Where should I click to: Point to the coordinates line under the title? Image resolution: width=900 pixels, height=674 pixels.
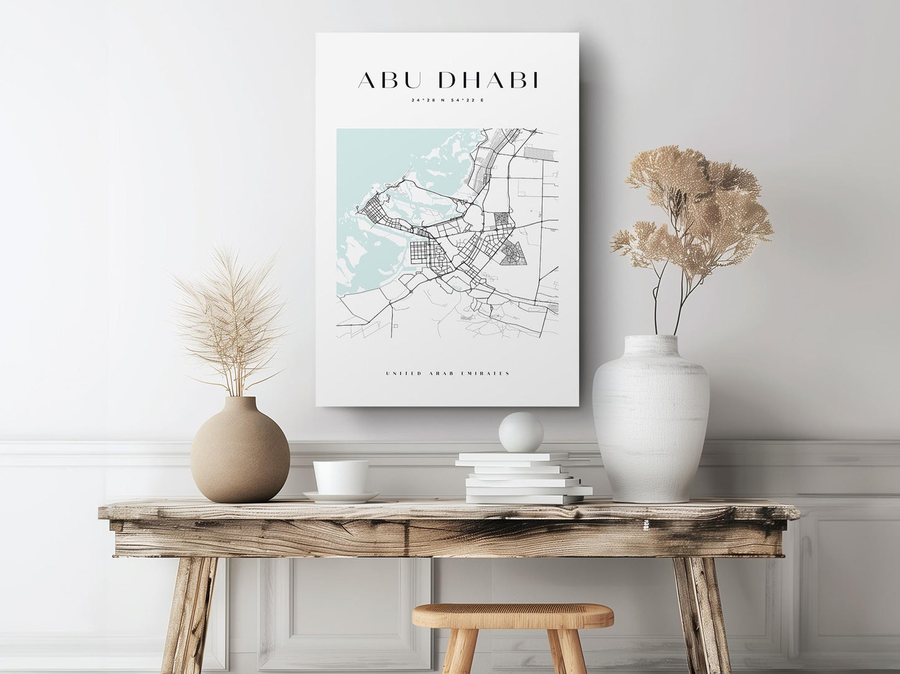click(447, 100)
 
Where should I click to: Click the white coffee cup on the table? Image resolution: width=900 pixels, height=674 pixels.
click(340, 477)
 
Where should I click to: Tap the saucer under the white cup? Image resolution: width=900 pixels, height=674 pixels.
click(341, 497)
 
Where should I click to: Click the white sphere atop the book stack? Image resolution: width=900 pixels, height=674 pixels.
click(521, 432)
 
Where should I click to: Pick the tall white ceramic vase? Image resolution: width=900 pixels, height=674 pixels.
click(651, 423)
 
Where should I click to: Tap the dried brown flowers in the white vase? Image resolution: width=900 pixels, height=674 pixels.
click(694, 212)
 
